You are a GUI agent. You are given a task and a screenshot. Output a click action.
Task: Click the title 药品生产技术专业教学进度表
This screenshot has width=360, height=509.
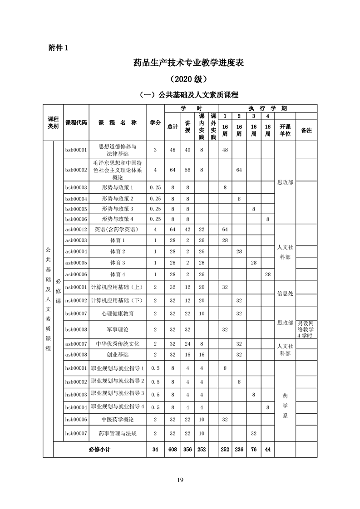(180, 63)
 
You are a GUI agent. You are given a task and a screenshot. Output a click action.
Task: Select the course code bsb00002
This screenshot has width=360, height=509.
(76, 170)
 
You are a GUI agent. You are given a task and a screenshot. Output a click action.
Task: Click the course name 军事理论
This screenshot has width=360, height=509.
(117, 329)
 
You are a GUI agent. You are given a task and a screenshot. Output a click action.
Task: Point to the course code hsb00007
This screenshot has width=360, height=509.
(76, 433)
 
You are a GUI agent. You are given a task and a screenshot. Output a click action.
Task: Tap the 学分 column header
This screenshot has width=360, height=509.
(155, 123)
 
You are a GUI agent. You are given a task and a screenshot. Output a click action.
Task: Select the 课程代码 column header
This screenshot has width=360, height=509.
(76, 123)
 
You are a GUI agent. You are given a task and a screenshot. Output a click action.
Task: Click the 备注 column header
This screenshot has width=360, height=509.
(306, 130)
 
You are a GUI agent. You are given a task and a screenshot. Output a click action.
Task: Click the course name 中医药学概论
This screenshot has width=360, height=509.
(117, 419)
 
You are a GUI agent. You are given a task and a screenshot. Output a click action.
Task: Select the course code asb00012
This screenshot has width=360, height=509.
(76, 230)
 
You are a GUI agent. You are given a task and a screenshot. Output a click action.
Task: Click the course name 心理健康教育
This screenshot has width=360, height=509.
(117, 313)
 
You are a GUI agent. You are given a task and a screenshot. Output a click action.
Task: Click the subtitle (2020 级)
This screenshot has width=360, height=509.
(180, 79)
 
